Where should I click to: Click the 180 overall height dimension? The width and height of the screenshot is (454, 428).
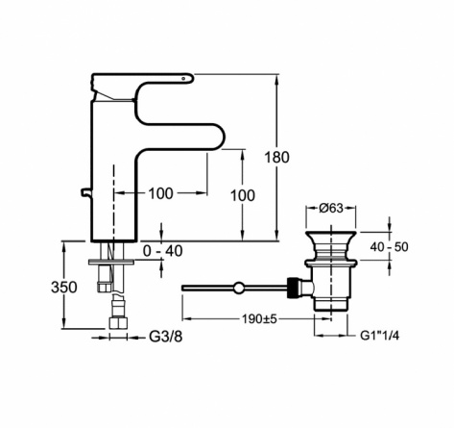click(276, 158)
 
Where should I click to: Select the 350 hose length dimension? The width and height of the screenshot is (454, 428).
click(64, 288)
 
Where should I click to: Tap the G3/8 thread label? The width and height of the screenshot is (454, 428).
click(166, 337)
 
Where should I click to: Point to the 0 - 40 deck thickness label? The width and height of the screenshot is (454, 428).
click(163, 251)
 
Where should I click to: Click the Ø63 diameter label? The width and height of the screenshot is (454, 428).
click(331, 209)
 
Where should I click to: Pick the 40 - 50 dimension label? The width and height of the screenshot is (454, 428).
click(389, 247)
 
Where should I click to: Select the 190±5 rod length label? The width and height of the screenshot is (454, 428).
click(259, 319)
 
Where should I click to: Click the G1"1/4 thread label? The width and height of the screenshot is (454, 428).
click(380, 336)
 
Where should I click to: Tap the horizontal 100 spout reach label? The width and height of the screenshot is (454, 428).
click(161, 193)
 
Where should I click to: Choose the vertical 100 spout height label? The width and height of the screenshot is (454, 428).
click(243, 195)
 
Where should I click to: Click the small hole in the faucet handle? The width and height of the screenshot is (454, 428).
click(183, 78)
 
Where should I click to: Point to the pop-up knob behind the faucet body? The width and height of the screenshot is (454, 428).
click(85, 192)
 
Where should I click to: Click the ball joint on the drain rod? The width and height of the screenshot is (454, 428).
click(238, 288)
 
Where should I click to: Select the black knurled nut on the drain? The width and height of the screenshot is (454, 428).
click(293, 288)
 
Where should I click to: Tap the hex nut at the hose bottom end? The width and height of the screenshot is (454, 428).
click(118, 323)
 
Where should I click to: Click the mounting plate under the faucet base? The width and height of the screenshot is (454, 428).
click(111, 263)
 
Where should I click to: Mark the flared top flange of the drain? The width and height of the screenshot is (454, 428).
click(331, 235)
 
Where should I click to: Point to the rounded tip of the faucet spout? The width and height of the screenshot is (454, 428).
click(223, 137)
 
